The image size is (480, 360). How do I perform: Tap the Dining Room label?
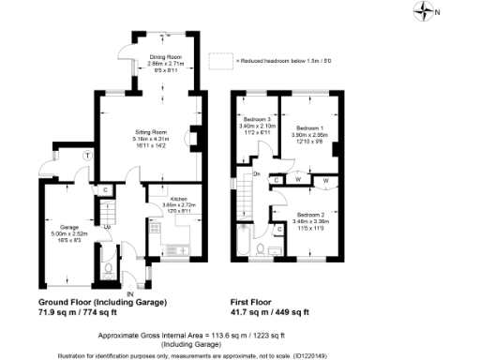click(163, 56)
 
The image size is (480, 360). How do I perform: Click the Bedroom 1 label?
click(308, 127)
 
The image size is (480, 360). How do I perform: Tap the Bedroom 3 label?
click(256, 120)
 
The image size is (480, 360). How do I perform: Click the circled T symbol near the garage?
click(60, 155)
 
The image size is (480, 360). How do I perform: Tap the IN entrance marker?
click(130, 293)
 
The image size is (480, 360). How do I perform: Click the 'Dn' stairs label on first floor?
click(256, 173)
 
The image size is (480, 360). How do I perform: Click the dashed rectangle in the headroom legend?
click(220, 60)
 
